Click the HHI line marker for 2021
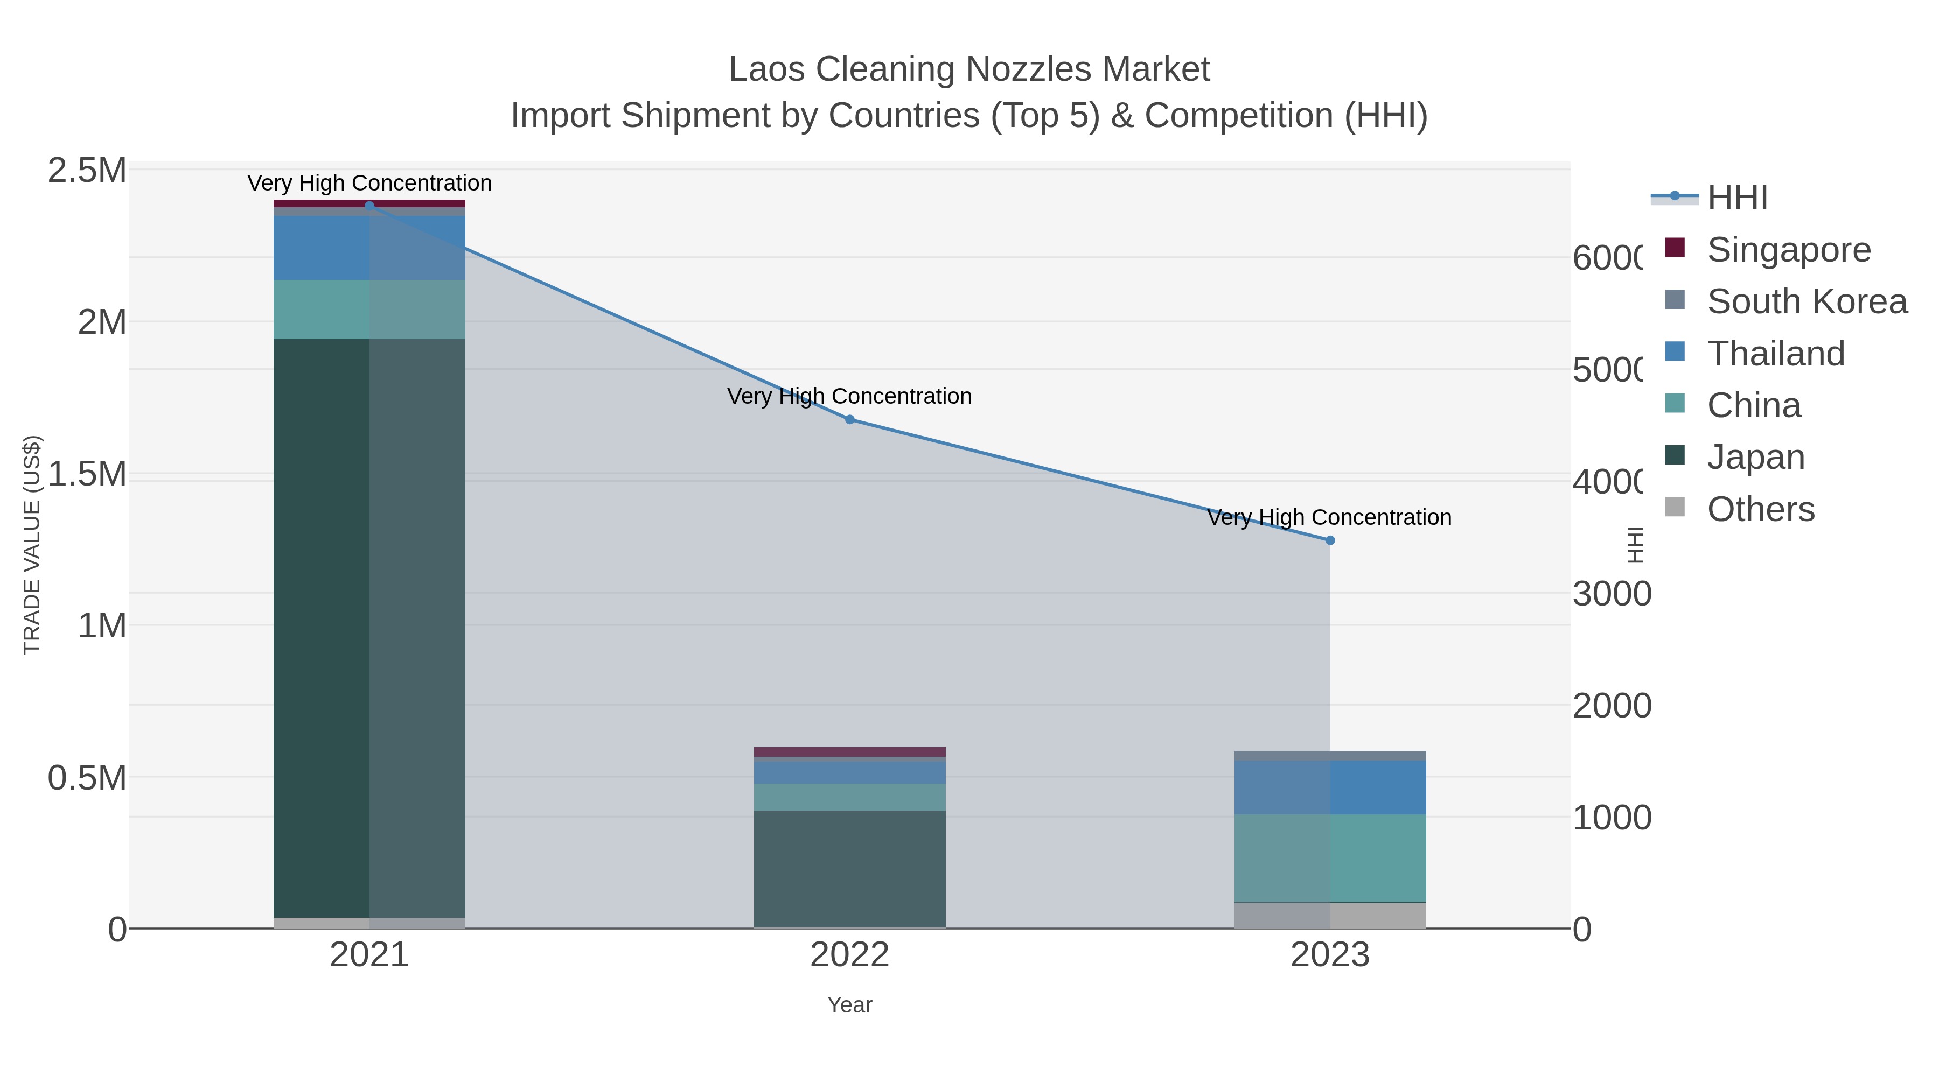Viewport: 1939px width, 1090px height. point(369,206)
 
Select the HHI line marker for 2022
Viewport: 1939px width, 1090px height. point(850,420)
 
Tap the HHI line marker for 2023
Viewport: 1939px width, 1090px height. point(1330,540)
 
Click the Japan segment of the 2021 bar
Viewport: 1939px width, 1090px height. point(369,628)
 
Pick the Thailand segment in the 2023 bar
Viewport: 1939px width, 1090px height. point(1330,787)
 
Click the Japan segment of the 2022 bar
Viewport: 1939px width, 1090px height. point(850,868)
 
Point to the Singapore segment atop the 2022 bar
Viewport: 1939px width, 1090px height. point(850,751)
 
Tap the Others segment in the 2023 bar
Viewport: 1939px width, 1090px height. point(1330,916)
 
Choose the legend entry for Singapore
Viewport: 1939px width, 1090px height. point(1788,250)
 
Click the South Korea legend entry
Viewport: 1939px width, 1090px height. point(1807,301)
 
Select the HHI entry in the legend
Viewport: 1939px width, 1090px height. point(1736,198)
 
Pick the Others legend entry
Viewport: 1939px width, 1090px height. point(1760,509)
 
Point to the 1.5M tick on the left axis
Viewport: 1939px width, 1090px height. point(87,475)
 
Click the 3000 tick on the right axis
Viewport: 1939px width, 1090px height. point(1612,594)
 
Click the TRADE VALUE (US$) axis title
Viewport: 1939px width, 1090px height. point(32,545)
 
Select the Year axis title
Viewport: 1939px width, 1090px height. point(850,1005)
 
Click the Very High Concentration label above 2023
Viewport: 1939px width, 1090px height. point(1329,517)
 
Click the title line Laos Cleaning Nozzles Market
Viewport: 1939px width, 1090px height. point(969,69)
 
